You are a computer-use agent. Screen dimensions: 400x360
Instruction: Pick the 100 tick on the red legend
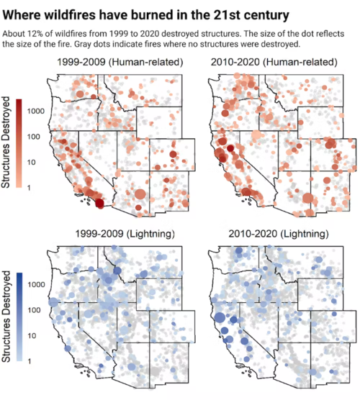(x=34, y=137)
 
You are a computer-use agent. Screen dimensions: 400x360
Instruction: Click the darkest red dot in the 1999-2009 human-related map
(x=99, y=204)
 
